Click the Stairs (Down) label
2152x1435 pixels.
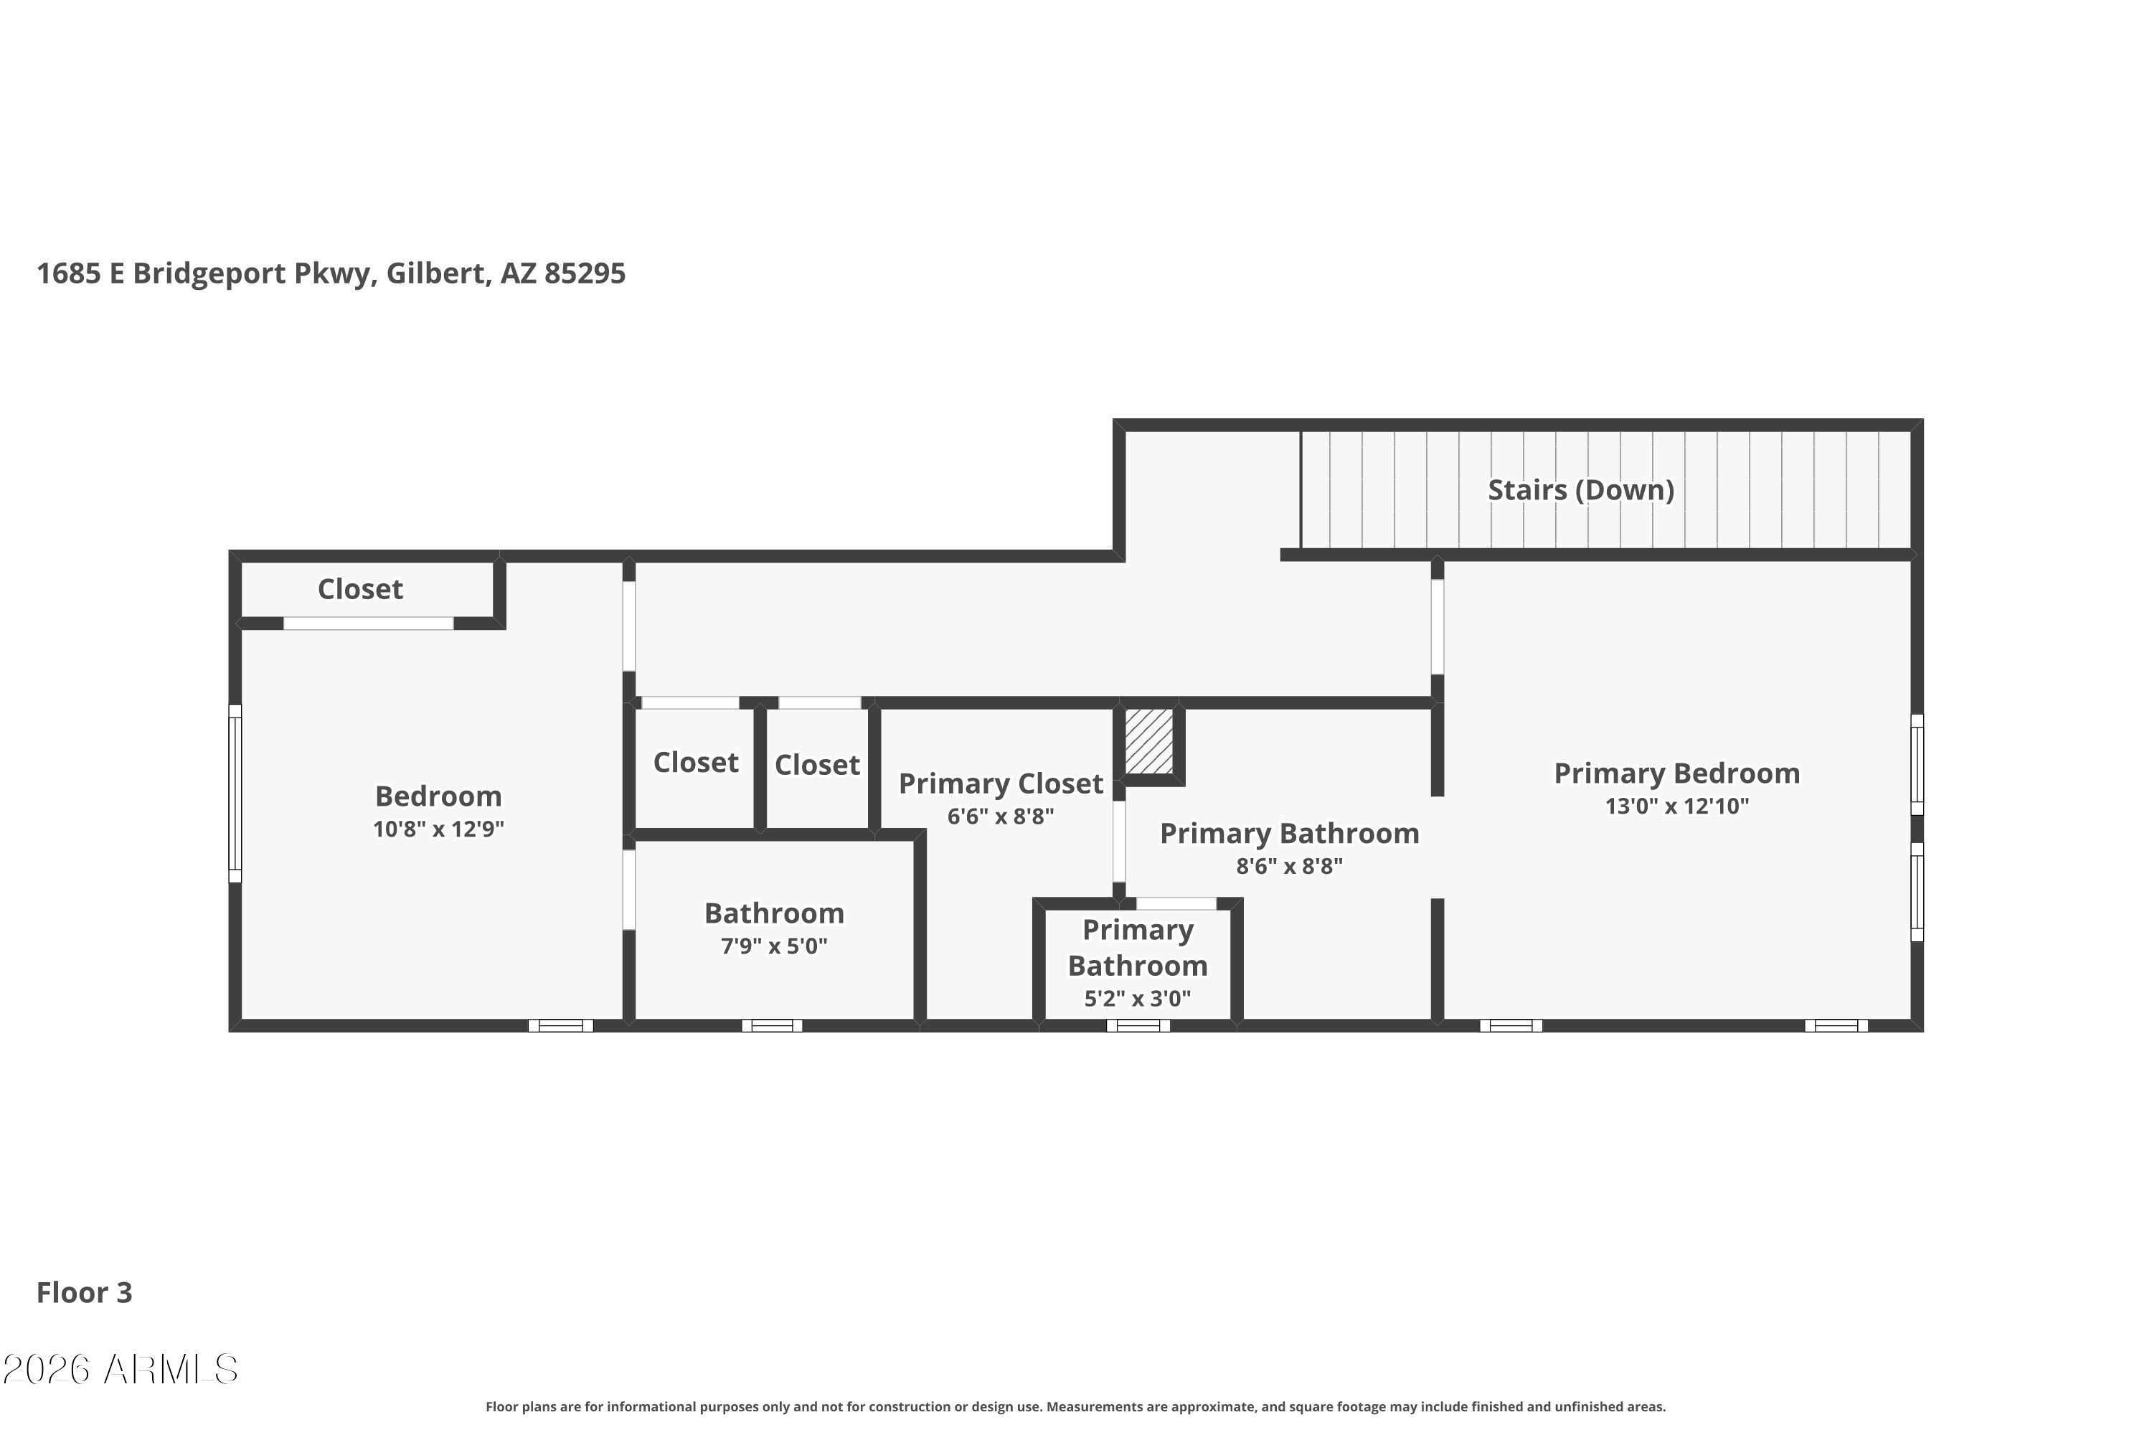[1580, 491]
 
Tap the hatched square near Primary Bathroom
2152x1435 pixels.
[1148, 741]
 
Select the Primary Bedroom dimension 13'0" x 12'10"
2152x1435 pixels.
[1677, 806]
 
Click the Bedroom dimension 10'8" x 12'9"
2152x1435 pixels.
[438, 829]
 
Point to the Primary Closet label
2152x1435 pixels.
[1001, 784]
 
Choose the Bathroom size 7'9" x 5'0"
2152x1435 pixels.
[774, 946]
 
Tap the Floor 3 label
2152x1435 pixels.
[84, 1292]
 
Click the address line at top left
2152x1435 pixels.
[331, 273]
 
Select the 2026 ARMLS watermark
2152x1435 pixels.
[120, 1370]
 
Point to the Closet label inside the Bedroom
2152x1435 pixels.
[361, 589]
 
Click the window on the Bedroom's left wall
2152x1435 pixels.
[235, 794]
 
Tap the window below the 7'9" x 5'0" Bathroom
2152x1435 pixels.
[773, 1026]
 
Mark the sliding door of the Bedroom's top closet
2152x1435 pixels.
[368, 624]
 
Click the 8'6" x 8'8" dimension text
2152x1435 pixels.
[1289, 866]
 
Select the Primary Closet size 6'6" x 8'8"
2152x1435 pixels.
[1001, 817]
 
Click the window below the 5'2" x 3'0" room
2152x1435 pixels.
[1138, 1026]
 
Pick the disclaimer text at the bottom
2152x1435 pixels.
[1076, 1406]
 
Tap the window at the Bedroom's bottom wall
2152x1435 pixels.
[561, 1026]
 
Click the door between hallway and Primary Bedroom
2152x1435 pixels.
[1438, 627]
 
